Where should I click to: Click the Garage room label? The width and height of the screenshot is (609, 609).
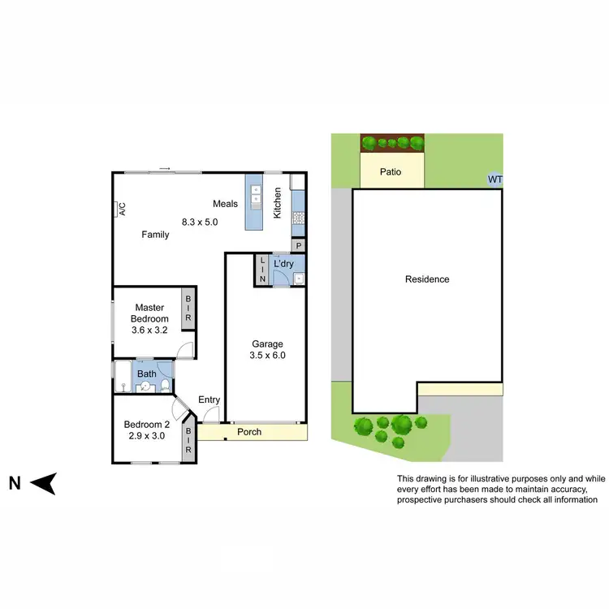266,344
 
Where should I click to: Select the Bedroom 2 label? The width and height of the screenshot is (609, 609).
147,424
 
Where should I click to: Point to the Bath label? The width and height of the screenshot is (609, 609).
146,374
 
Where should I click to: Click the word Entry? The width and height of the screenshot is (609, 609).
209,399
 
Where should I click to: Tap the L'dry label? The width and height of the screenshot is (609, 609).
283,264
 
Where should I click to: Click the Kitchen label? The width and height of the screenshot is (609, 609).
277,202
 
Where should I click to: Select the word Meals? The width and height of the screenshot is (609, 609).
226,204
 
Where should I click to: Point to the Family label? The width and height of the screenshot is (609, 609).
155,235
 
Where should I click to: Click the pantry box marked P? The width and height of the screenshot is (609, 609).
298,245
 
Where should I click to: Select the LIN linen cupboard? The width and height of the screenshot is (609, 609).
261,270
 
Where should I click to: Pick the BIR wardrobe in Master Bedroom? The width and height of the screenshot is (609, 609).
188,309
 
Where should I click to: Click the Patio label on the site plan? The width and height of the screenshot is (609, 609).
391,172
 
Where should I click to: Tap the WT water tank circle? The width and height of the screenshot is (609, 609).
494,179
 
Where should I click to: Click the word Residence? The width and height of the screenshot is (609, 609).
427,279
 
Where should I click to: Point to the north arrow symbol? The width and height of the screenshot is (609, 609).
44,484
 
